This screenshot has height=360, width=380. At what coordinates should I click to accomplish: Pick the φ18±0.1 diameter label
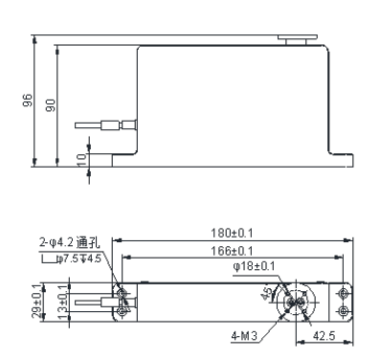pos(255,266)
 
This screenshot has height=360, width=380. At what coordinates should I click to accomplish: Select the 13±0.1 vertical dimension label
pos(63,301)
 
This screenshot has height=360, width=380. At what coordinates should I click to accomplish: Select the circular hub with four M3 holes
pos(296,301)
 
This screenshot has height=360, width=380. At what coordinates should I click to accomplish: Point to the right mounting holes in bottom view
pos(345,301)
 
